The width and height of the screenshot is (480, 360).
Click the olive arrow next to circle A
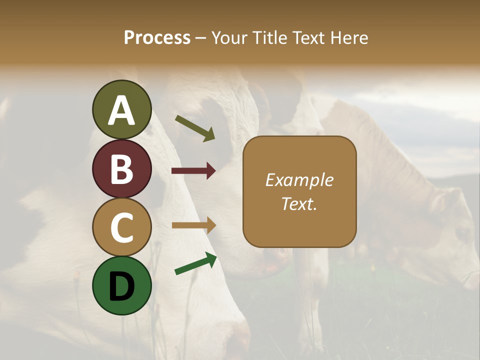pos(195,128)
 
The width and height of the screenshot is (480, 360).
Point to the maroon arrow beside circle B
pos(193,171)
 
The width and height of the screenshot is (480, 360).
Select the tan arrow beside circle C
pos(193,225)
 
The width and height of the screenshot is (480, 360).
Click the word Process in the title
pos(157,37)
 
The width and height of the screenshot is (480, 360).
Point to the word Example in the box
pos(299,180)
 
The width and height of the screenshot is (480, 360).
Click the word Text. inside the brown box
pos(299,203)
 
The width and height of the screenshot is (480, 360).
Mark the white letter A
pos(122,111)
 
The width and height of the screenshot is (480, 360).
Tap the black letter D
pos(122,286)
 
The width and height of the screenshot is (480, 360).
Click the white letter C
pos(122,228)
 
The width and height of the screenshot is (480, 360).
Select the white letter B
pos(122,169)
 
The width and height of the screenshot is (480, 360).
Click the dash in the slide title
pos(201,38)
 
